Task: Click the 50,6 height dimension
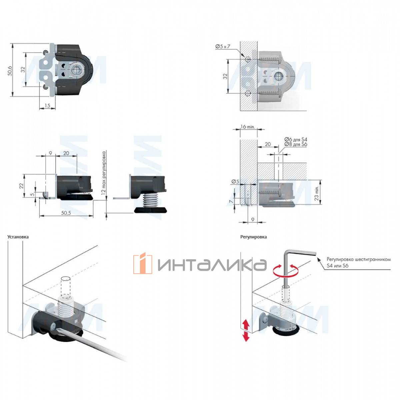click(10, 71)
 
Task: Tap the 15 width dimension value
click(47, 105)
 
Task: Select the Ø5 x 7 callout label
click(223, 46)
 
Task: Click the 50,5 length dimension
click(66, 213)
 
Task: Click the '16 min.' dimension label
click(248, 127)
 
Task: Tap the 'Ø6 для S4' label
click(296, 139)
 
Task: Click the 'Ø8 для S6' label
click(296, 144)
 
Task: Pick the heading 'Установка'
click(18, 237)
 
